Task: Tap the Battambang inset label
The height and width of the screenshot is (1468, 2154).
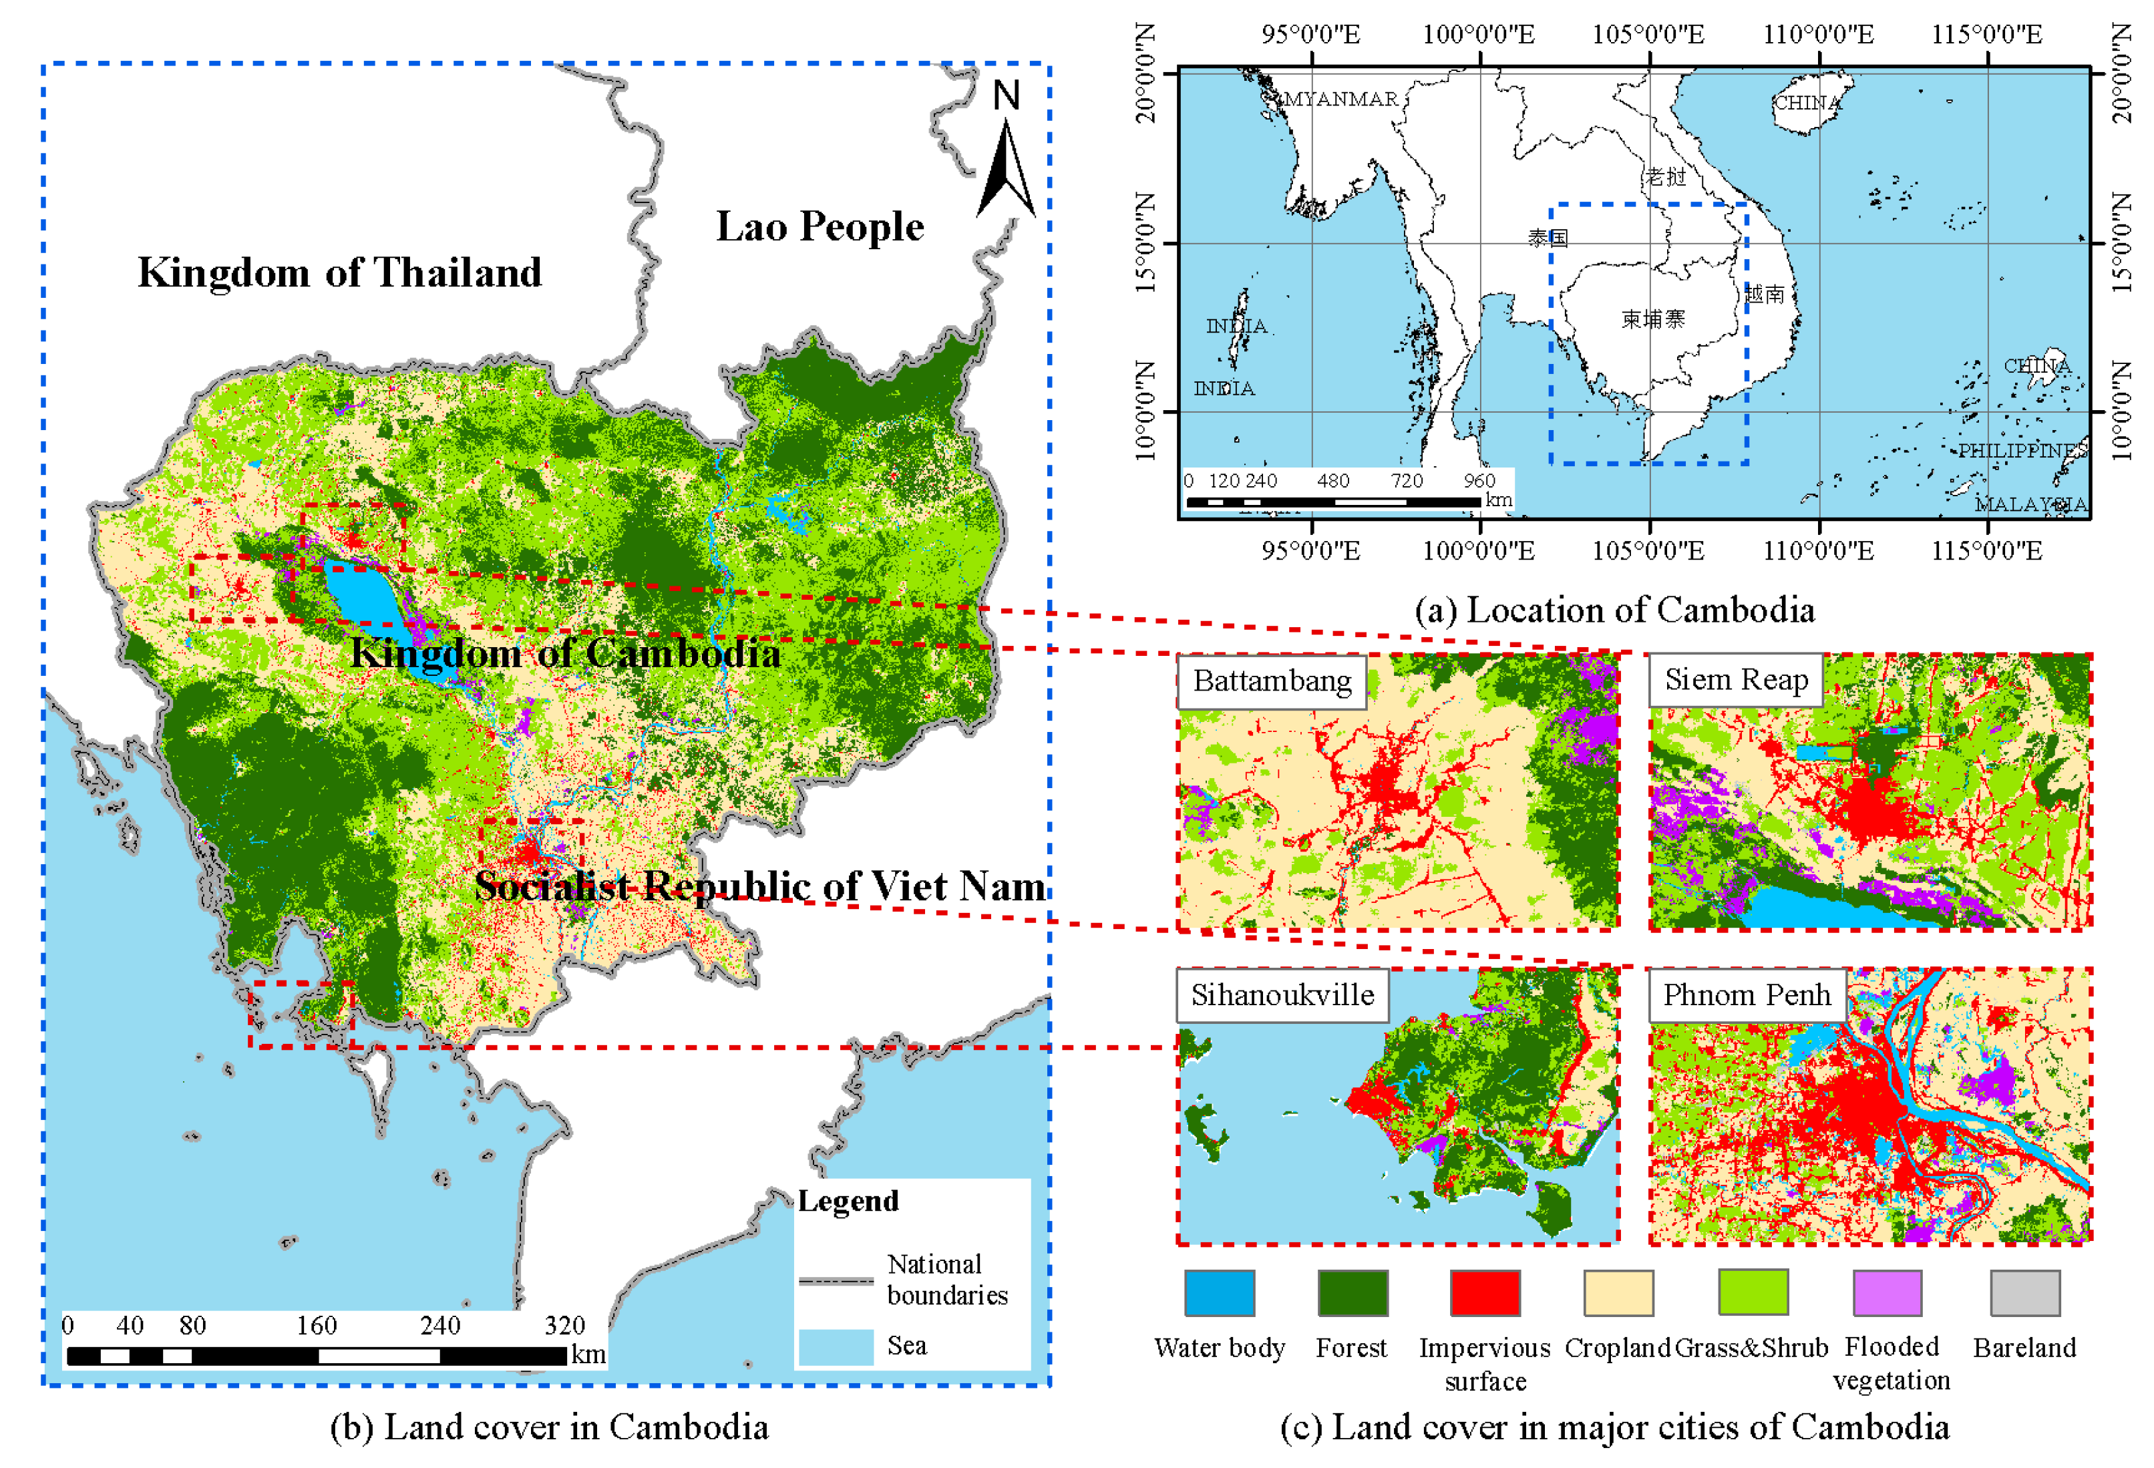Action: [x=1271, y=681]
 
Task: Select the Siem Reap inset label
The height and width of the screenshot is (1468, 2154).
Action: [x=1735, y=679]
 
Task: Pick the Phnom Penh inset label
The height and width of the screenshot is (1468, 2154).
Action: [x=1746, y=994]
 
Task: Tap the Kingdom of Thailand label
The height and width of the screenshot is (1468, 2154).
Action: [x=339, y=272]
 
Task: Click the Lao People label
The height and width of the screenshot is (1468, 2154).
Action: [x=820, y=227]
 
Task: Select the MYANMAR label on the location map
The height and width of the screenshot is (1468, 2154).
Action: [x=1340, y=99]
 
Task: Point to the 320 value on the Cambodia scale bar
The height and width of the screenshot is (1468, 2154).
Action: [x=564, y=1324]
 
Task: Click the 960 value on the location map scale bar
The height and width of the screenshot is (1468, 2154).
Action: [x=1479, y=480]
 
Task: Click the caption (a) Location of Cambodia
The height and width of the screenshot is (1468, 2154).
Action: [x=1614, y=610]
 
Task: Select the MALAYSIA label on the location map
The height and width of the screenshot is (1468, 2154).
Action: [x=2030, y=504]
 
